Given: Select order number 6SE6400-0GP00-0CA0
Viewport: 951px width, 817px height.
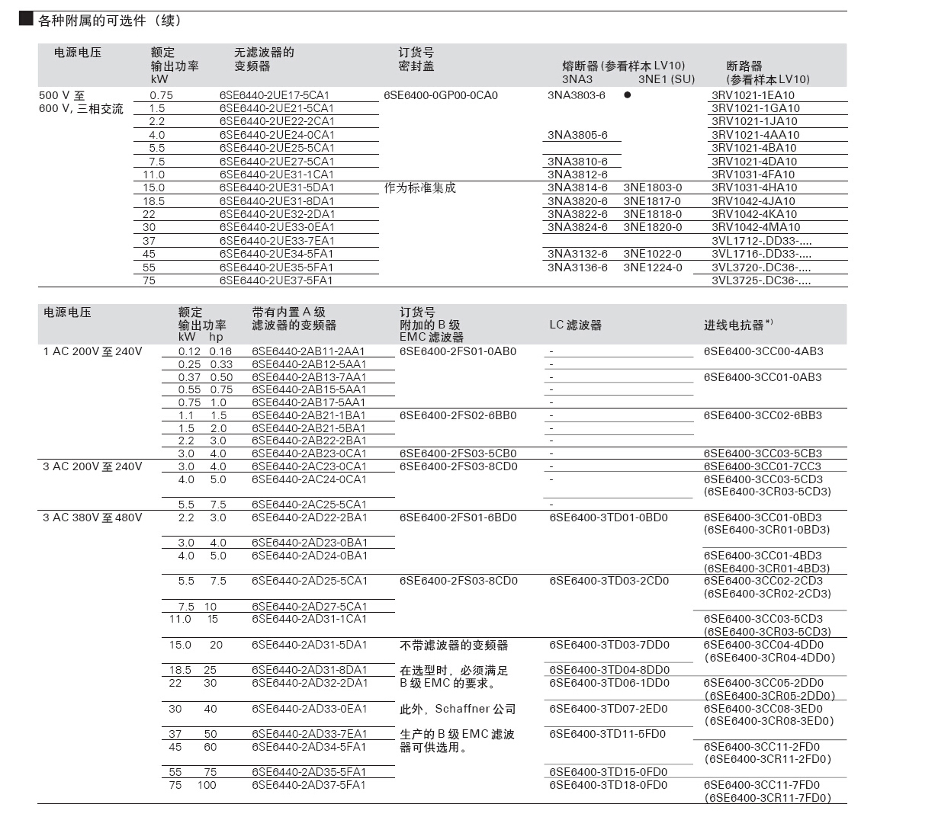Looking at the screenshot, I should [440, 95].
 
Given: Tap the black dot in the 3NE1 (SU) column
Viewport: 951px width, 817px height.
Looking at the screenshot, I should [627, 95].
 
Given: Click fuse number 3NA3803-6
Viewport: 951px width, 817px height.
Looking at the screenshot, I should [576, 95].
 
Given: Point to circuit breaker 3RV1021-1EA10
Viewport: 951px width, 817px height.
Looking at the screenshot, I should [753, 95].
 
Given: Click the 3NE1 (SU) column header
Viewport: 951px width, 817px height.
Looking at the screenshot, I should [666, 79].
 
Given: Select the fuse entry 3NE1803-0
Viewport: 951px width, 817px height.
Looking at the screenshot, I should [652, 187].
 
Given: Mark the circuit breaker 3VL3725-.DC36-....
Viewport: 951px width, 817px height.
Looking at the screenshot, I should [761, 280].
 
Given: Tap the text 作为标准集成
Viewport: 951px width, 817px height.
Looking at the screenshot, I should [420, 187].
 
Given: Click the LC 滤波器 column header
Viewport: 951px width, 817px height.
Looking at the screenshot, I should [575, 325].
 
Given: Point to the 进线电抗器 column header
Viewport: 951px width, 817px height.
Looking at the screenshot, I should [737, 325].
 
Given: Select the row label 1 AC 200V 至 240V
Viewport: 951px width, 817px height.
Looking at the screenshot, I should [92, 351].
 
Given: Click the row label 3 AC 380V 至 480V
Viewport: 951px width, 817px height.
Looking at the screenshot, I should [92, 517].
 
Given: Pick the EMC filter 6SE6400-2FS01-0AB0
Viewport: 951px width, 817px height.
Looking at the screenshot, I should [458, 351].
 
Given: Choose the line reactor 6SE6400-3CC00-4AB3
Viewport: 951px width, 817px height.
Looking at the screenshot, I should [763, 351].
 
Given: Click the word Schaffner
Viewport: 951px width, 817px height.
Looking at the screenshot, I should [462, 709].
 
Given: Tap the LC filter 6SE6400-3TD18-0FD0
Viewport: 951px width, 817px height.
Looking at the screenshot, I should [608, 785].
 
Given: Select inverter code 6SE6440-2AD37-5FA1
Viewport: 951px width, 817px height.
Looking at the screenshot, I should [309, 785].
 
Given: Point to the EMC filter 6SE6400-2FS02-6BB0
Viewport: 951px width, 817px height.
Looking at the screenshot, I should [458, 415].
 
